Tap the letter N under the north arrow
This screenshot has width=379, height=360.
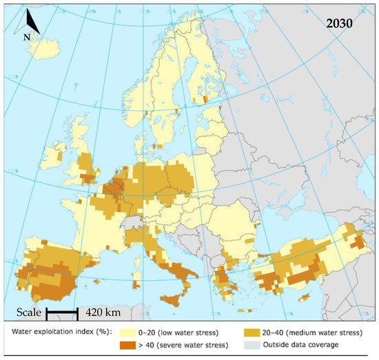(x=26, y=37)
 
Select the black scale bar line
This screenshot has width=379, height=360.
(x=61, y=314)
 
